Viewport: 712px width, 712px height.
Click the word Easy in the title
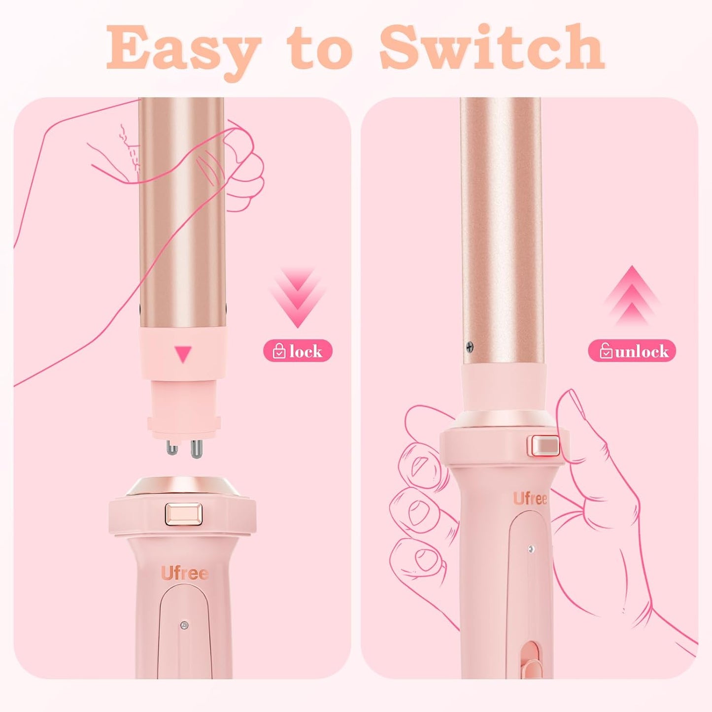click(182, 48)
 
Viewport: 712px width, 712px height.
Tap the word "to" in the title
click(320, 48)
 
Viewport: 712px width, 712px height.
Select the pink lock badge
click(298, 351)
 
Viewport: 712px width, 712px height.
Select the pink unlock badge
click(632, 351)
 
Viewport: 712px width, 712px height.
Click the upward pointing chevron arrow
click(632, 296)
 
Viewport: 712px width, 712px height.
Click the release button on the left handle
click(183, 514)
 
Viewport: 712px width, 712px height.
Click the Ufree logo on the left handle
click(184, 574)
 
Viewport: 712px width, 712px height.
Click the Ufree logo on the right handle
click(530, 499)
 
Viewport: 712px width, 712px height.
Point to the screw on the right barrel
click(470, 346)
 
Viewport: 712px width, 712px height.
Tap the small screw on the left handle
click(184, 625)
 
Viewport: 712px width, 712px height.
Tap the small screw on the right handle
click(531, 549)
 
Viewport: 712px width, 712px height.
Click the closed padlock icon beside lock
click(279, 351)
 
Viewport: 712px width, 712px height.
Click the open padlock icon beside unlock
click(606, 351)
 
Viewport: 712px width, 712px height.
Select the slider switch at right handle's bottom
click(531, 660)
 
